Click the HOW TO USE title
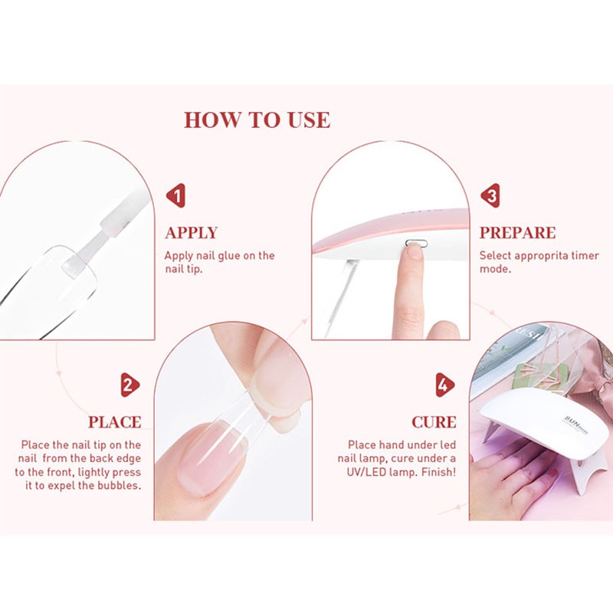point(257,120)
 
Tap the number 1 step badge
point(177,196)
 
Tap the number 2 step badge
point(129,385)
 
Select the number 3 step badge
point(490,196)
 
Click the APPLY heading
point(192,233)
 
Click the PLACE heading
point(114,422)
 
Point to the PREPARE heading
point(517,233)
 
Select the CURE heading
point(434,422)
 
